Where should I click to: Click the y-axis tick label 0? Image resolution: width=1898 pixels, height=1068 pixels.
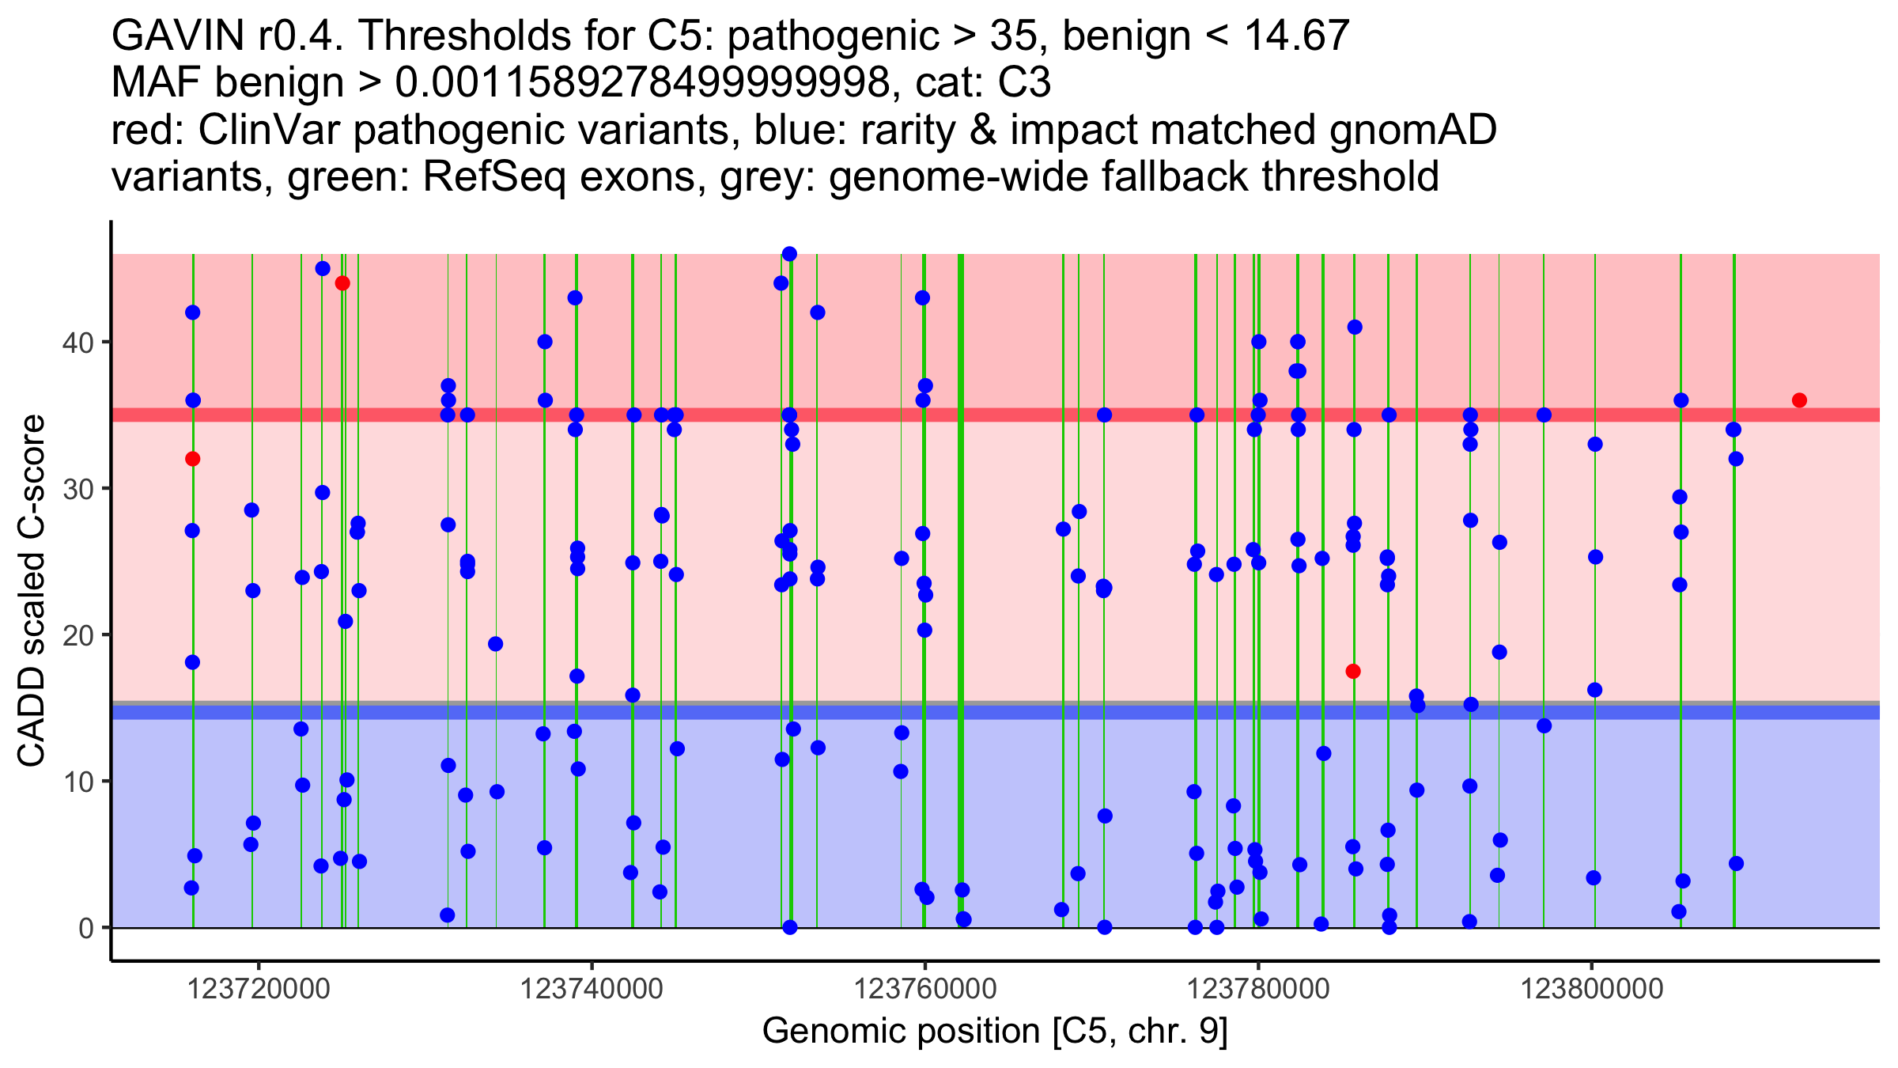(x=86, y=928)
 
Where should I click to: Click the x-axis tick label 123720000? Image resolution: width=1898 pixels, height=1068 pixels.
(x=258, y=989)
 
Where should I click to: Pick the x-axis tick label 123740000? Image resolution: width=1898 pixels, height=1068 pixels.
(x=592, y=989)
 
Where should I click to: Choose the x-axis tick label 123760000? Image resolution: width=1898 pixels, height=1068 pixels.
(x=924, y=989)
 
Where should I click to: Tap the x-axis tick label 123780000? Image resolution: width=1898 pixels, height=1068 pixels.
(x=1258, y=989)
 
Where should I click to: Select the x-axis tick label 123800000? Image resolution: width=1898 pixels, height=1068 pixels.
(x=1592, y=989)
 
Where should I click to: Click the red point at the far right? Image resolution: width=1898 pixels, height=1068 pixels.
(x=1799, y=400)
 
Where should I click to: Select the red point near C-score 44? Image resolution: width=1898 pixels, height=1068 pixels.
(x=342, y=283)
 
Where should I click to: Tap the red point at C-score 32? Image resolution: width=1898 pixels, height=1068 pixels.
(x=192, y=459)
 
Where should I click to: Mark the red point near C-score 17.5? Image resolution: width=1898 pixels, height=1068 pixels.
(x=1353, y=672)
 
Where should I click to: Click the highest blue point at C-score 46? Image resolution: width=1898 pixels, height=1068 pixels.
(x=789, y=254)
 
